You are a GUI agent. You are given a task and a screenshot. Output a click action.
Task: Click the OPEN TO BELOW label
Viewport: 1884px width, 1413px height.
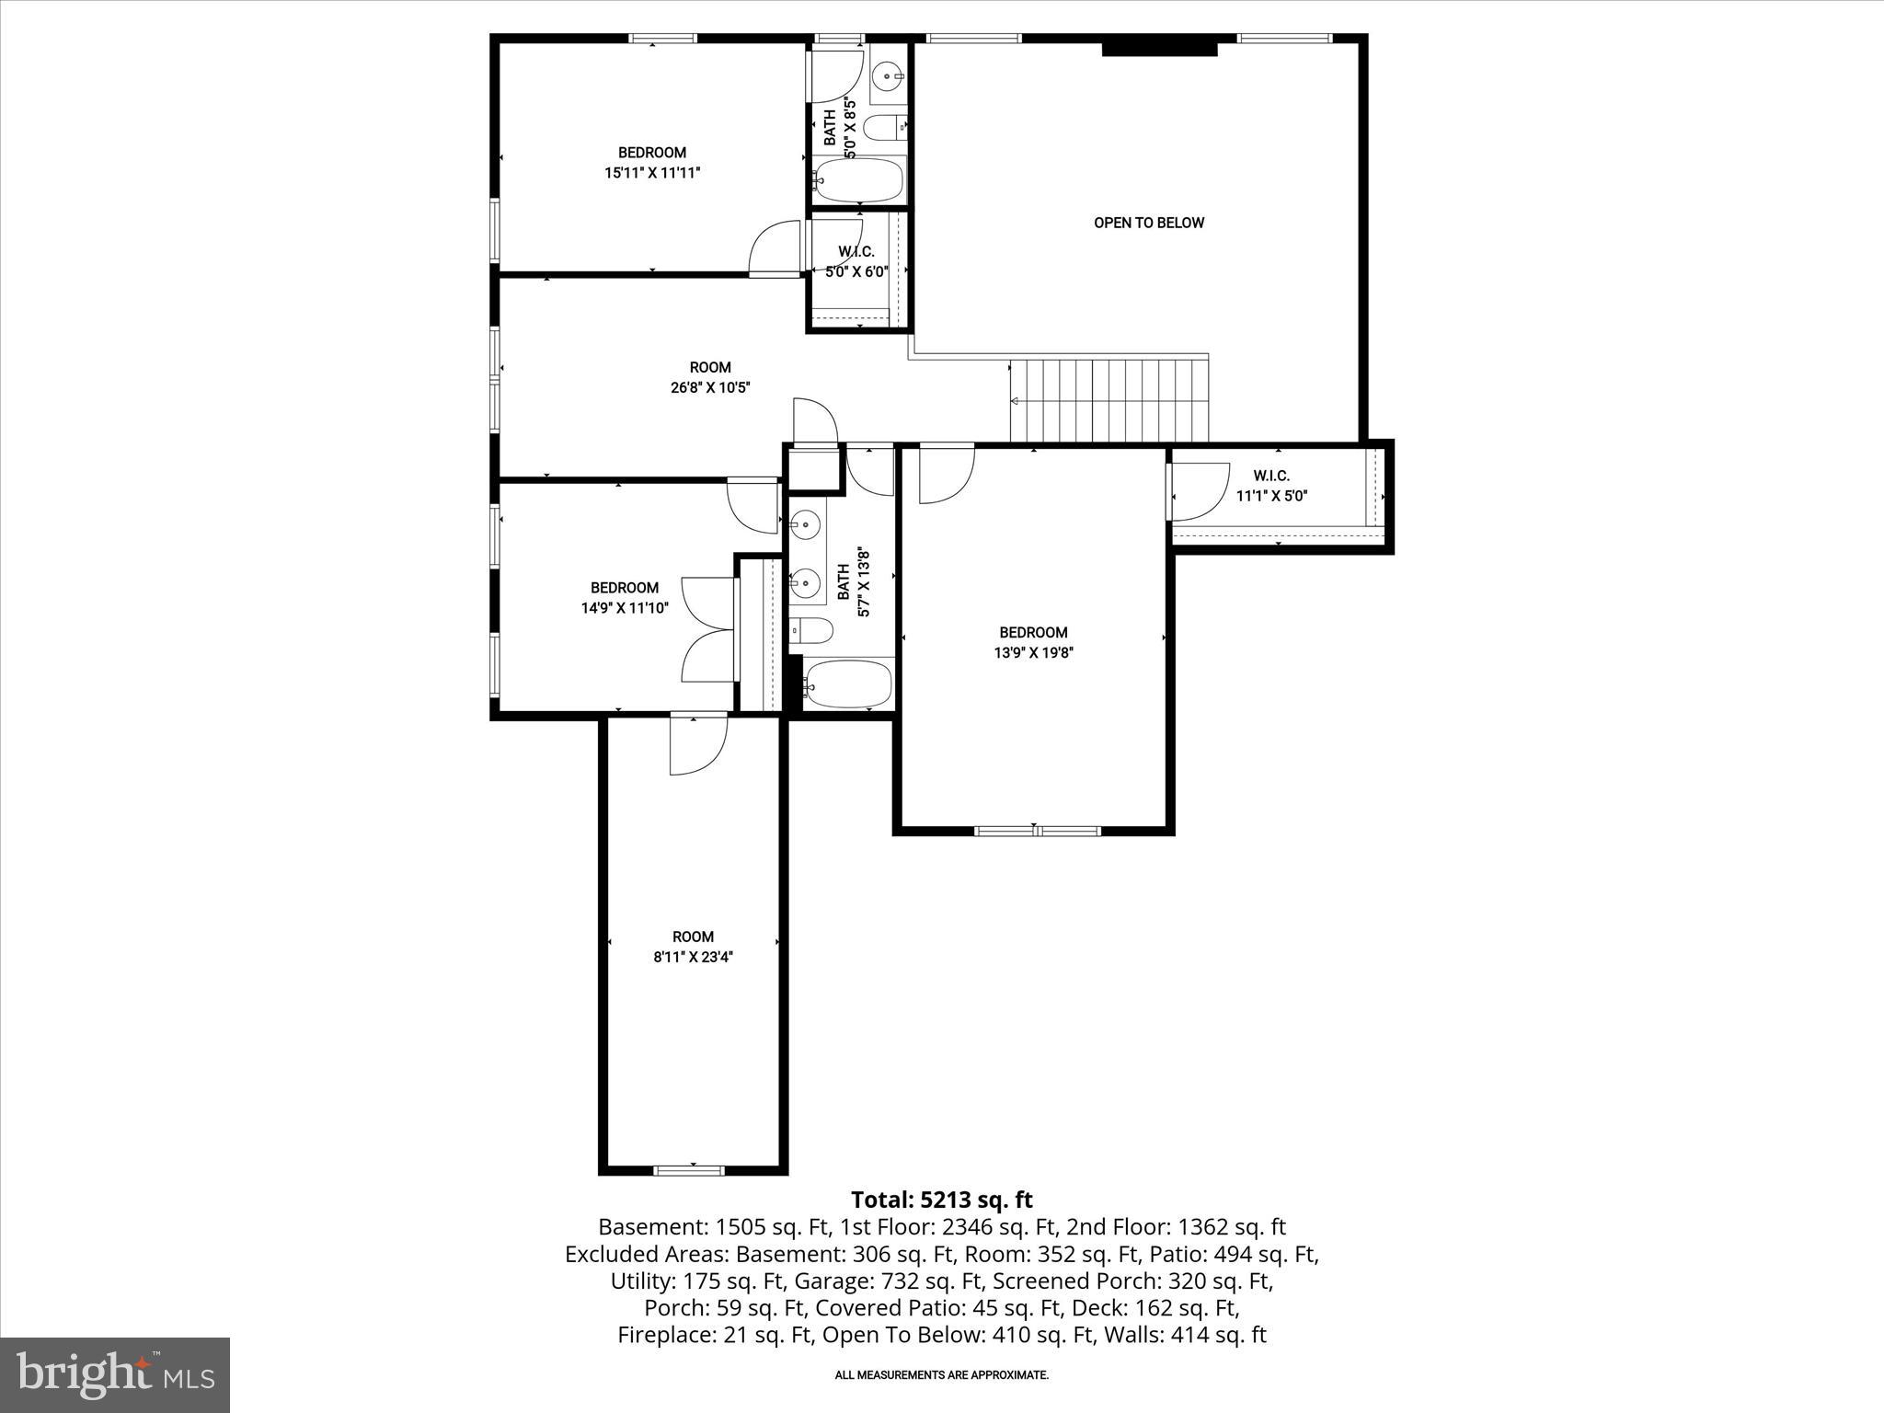[1148, 223]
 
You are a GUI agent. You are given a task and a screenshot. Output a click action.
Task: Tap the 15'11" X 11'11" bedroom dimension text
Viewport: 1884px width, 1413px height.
[652, 172]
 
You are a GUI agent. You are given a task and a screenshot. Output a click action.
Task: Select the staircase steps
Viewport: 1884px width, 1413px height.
[1109, 401]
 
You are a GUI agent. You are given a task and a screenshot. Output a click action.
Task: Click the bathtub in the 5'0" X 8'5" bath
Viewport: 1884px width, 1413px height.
[859, 180]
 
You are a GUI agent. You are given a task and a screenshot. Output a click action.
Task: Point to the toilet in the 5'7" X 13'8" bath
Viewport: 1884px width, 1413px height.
[814, 630]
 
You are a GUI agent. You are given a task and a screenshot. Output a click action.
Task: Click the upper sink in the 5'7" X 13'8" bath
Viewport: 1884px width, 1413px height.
[806, 525]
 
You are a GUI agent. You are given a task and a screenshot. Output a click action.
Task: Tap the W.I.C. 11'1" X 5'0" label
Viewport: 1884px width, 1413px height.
[1271, 486]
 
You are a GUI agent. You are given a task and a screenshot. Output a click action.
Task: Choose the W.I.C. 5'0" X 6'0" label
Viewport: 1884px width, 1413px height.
[856, 261]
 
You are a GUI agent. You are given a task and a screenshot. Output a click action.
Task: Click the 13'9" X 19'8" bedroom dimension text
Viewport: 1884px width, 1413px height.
[1033, 652]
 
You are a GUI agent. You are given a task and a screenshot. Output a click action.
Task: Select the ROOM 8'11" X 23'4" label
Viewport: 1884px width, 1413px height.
[693, 947]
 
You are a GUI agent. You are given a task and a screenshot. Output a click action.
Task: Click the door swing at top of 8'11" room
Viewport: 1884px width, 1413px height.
[696, 744]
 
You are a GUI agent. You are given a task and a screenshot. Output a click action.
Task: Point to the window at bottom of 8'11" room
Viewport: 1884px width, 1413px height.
[689, 1170]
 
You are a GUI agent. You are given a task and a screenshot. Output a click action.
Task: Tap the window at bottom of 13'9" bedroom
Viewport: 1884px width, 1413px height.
[1037, 831]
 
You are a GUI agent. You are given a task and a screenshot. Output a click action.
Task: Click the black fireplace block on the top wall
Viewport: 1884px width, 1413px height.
[1159, 46]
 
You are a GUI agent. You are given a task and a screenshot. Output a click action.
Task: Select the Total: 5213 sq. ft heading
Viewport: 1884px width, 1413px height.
[941, 1200]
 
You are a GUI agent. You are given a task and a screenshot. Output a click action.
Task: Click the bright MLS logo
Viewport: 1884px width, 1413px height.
[115, 1374]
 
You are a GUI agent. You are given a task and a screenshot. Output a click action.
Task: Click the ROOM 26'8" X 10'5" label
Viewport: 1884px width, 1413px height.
[710, 377]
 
